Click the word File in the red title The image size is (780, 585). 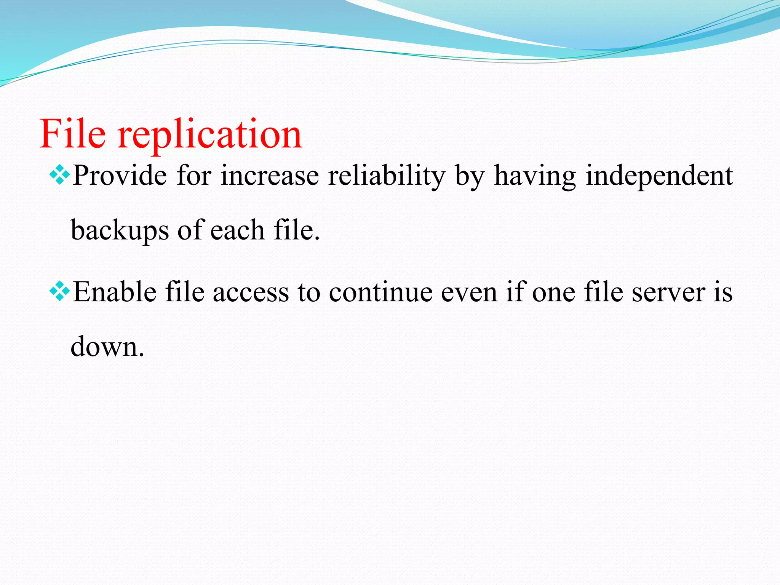pyautogui.click(x=72, y=134)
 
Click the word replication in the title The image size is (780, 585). pyautogui.click(x=209, y=135)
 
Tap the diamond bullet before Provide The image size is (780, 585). pyautogui.click(x=60, y=174)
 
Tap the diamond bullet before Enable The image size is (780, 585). pyautogui.click(x=60, y=292)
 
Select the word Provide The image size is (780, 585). pyautogui.click(x=120, y=176)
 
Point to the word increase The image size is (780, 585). pyautogui.click(x=270, y=176)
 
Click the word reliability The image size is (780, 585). pyautogui.click(x=386, y=176)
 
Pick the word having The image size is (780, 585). pyautogui.click(x=535, y=176)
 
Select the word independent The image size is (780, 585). pyautogui.click(x=659, y=176)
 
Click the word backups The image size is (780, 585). pyautogui.click(x=120, y=230)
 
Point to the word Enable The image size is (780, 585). pyautogui.click(x=115, y=292)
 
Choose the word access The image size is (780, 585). pyautogui.click(x=251, y=293)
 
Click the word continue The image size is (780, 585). pyautogui.click(x=380, y=292)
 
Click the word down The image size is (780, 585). pyautogui.click(x=107, y=347)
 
